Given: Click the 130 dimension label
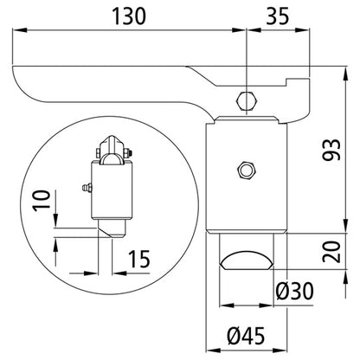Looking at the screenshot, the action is pyautogui.click(x=129, y=16).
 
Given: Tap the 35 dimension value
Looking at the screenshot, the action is pyautogui.click(x=277, y=16).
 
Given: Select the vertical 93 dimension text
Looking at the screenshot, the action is pyautogui.click(x=331, y=150).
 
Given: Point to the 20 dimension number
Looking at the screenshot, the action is pyautogui.click(x=331, y=252).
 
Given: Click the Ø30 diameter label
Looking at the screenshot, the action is pyautogui.click(x=294, y=291).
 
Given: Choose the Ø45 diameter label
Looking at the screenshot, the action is pyautogui.click(x=246, y=336).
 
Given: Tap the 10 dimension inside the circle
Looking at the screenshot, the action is pyautogui.click(x=42, y=201).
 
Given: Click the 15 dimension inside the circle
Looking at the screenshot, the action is pyautogui.click(x=139, y=259).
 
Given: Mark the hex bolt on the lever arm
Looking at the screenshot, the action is pyautogui.click(x=247, y=101).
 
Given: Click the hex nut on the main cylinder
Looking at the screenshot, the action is pyautogui.click(x=246, y=170).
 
